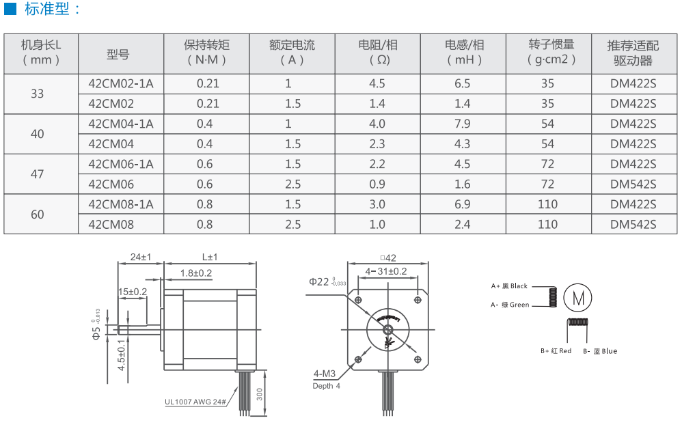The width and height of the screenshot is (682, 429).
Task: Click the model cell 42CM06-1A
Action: (120, 165)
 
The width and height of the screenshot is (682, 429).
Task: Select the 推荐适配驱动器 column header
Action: (633, 53)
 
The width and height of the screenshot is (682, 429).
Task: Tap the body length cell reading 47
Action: (38, 174)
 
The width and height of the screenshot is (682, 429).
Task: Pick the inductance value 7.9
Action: (463, 124)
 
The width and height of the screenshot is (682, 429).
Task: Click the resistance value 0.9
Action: (377, 184)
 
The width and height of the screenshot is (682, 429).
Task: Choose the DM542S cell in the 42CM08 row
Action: (633, 225)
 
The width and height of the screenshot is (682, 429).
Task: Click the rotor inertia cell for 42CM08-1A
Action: (547, 204)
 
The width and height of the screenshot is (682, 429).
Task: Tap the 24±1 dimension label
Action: (141, 257)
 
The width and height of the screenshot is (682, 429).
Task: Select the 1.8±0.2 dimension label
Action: (196, 273)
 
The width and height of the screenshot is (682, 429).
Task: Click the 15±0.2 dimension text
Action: (133, 292)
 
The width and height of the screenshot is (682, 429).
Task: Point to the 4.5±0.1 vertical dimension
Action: (122, 355)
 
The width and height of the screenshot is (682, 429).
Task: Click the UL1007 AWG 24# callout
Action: (195, 402)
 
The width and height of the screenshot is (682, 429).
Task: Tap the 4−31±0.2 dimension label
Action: (386, 271)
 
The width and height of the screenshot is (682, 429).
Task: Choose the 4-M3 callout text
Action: (325, 374)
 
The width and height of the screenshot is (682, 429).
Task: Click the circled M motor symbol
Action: (577, 298)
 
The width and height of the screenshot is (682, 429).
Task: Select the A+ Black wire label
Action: (509, 286)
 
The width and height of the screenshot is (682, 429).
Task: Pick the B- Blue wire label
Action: (600, 351)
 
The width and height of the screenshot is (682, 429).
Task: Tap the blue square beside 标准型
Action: (10, 9)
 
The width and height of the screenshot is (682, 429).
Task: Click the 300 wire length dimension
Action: (260, 394)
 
